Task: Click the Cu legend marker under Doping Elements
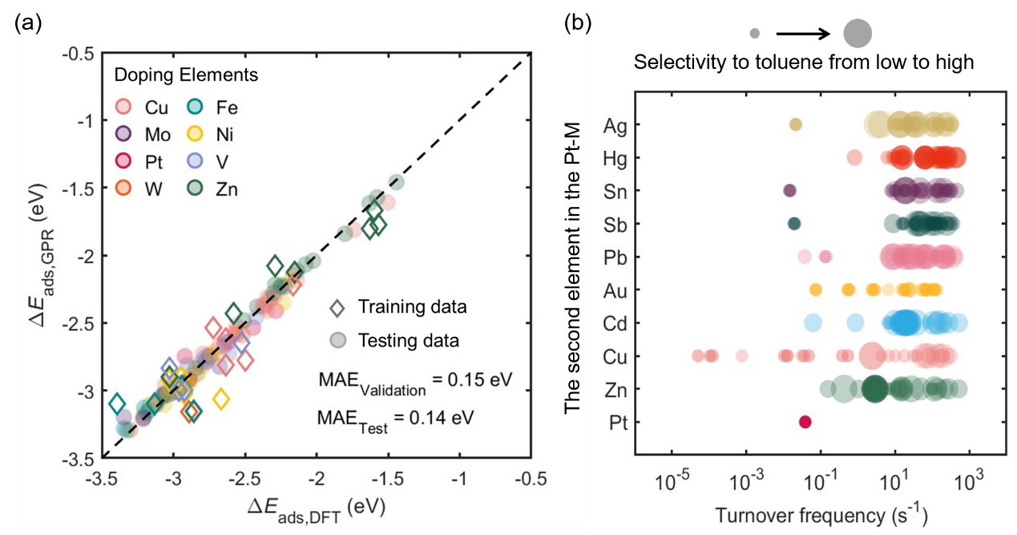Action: (x=124, y=107)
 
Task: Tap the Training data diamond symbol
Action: (x=337, y=307)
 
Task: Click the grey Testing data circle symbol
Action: (x=337, y=340)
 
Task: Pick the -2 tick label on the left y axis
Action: (x=78, y=256)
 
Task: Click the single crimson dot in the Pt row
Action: (x=805, y=422)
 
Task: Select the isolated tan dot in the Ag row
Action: (x=796, y=124)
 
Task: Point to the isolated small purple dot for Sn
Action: (x=789, y=191)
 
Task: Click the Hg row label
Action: (x=616, y=158)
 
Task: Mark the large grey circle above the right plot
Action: (x=858, y=34)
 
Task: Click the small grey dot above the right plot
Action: (x=754, y=34)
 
